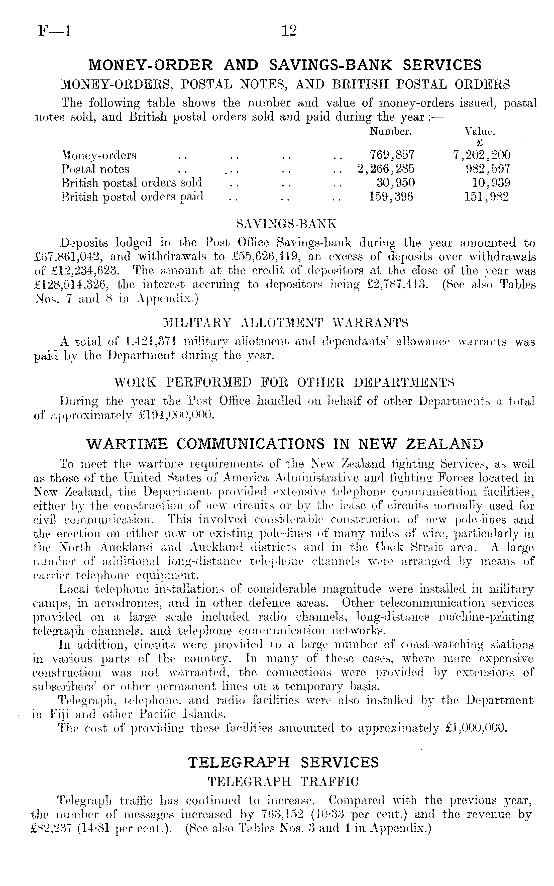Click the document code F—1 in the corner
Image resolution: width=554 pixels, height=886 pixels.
(x=55, y=31)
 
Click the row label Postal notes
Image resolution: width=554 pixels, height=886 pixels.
(x=96, y=169)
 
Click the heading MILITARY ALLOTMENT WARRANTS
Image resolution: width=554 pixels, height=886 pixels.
(x=285, y=323)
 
